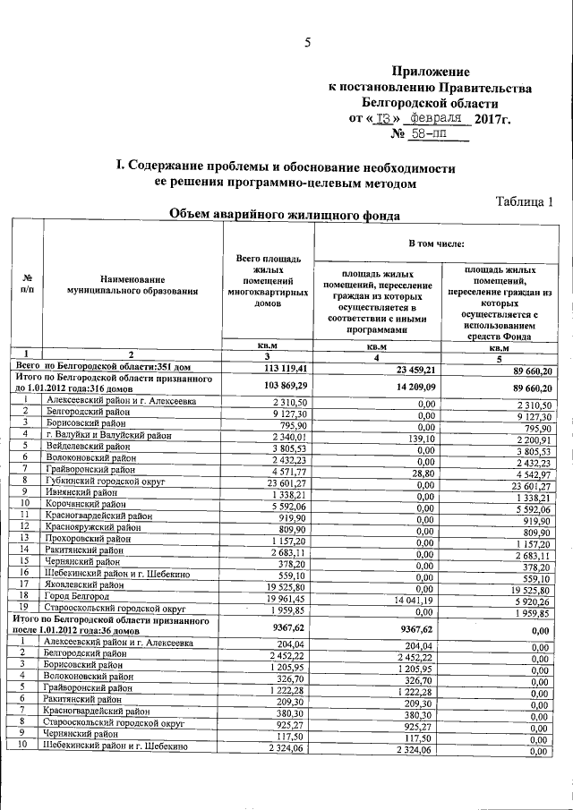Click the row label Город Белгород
(x=81, y=595)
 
